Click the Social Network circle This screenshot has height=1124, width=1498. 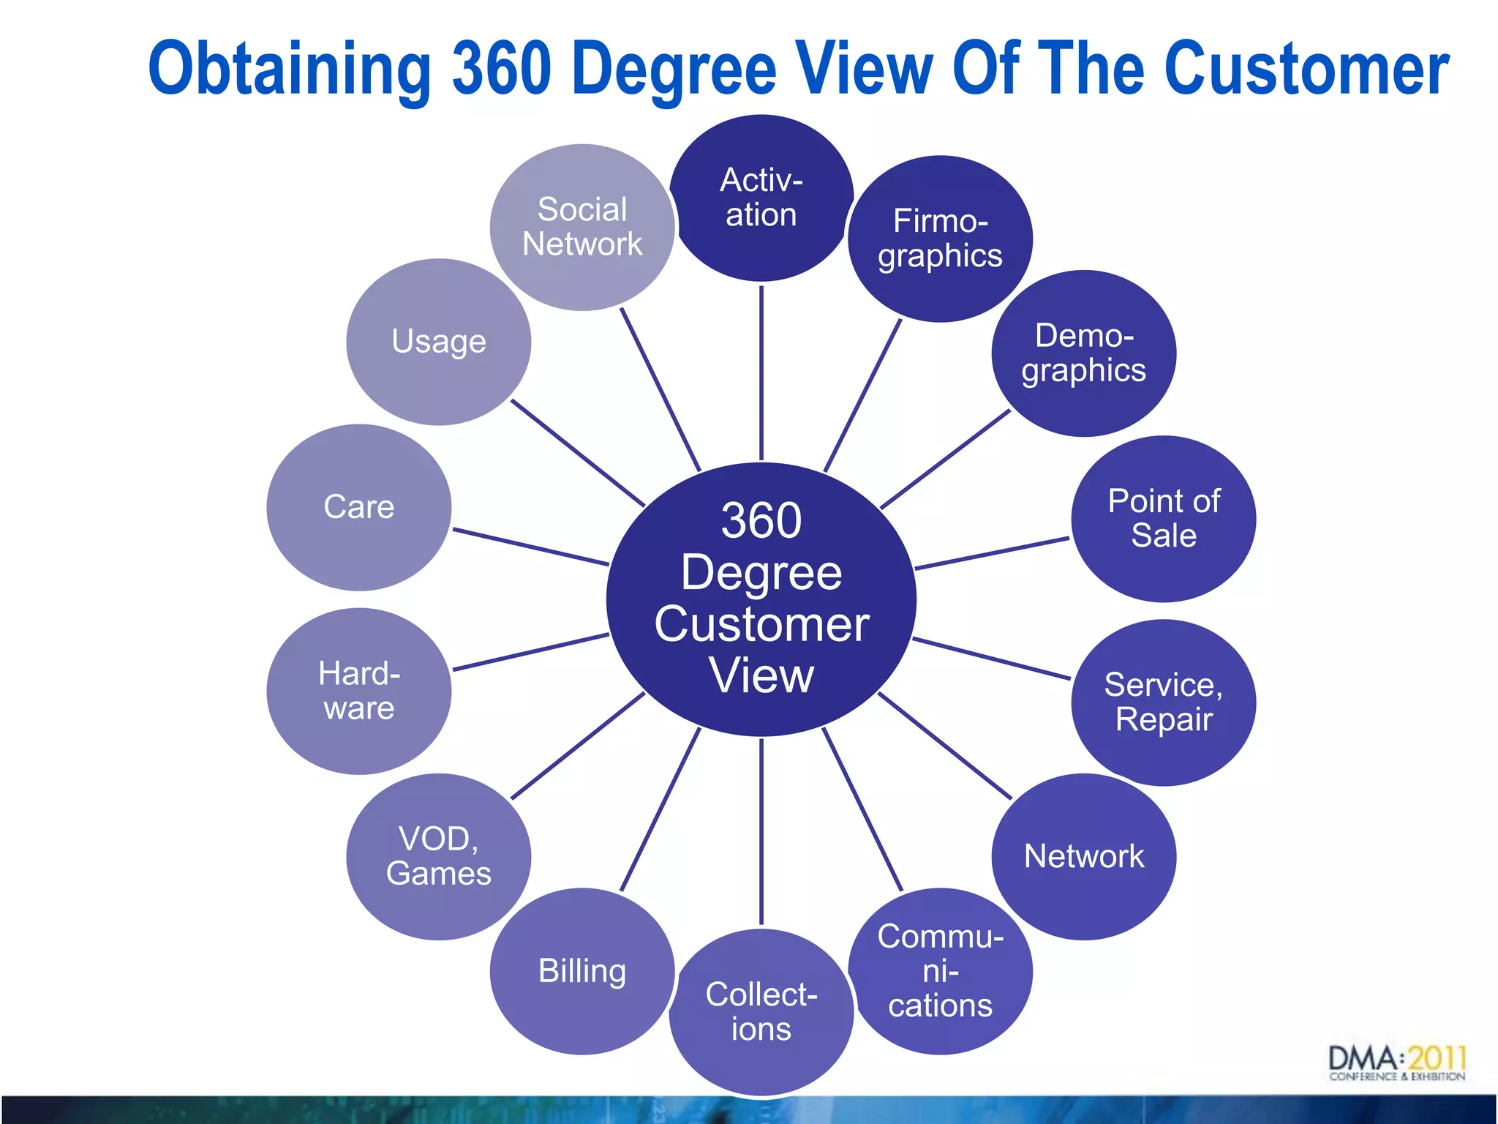point(582,227)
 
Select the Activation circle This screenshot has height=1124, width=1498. point(761,198)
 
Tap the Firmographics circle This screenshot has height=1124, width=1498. point(940,239)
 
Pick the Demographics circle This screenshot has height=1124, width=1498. point(1083,353)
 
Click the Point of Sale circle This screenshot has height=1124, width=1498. point(1163,519)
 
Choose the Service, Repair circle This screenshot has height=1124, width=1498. point(1163,702)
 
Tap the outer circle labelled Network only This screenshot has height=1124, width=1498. point(1083,856)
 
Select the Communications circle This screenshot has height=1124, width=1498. point(940,971)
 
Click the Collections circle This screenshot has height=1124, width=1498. point(761,1012)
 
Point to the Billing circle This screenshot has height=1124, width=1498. point(582,971)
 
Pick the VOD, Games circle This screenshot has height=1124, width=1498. point(438,856)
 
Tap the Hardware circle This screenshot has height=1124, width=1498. point(358,691)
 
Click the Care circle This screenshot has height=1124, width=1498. point(358,507)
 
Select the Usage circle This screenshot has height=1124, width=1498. point(438,342)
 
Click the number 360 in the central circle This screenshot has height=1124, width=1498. point(761,520)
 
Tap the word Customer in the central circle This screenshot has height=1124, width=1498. point(761,624)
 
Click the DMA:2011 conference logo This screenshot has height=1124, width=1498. point(1396,1063)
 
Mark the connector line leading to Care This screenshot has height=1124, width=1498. point(531,547)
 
